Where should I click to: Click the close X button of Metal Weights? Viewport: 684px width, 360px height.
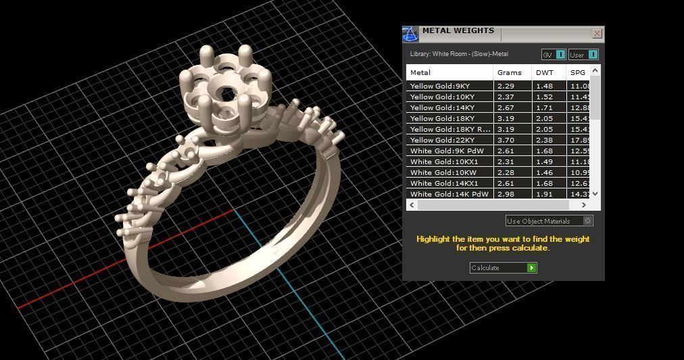click(597, 33)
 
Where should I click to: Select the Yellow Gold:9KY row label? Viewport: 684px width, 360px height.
click(440, 86)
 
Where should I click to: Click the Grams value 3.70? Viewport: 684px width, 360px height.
click(506, 140)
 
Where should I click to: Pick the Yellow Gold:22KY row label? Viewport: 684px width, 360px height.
click(442, 140)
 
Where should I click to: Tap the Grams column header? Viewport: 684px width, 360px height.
click(510, 72)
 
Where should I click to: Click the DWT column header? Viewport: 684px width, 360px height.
click(545, 72)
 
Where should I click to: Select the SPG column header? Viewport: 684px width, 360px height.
click(577, 72)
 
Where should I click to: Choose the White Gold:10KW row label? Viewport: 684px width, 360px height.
click(443, 173)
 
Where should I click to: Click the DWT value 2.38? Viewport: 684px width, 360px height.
click(545, 140)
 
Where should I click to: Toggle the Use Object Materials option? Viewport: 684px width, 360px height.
click(587, 221)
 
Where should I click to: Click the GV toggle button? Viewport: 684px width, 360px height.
click(560, 55)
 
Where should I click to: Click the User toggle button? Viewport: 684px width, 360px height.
click(593, 55)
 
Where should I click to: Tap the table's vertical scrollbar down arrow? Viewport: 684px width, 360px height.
click(595, 194)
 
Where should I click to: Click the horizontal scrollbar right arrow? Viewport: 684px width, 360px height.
click(584, 205)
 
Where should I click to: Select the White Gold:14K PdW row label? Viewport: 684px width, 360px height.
click(449, 195)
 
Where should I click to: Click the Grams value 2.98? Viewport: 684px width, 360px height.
click(506, 195)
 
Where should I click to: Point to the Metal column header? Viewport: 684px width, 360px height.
click(420, 72)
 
